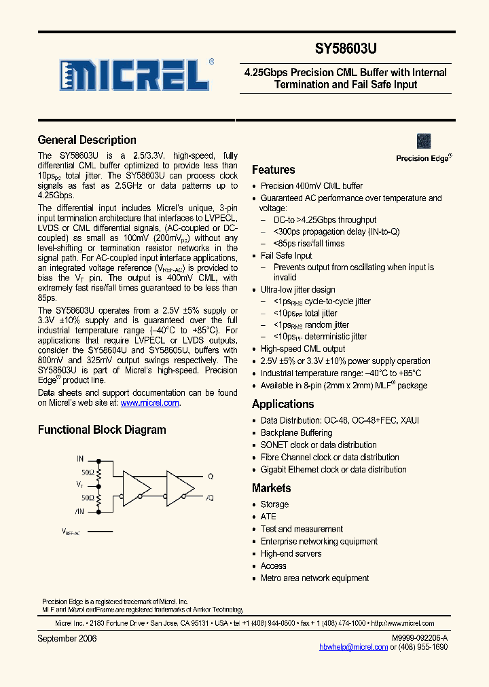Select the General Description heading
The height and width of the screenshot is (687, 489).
(87, 140)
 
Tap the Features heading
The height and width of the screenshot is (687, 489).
(273, 170)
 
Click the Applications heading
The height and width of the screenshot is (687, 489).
(283, 404)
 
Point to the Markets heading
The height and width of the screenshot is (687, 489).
(271, 488)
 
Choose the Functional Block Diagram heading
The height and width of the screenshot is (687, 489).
(101, 430)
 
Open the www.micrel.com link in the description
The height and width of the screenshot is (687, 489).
(150, 403)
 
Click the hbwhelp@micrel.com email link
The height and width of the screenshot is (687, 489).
(354, 648)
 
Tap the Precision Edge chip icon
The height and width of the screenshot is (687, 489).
(424, 141)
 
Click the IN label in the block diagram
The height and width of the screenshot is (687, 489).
(80, 460)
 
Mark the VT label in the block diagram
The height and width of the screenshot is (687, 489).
(79, 485)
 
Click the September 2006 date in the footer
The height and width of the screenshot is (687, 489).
(67, 639)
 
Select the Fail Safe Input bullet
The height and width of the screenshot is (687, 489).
(286, 255)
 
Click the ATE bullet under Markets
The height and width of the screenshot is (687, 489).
(268, 517)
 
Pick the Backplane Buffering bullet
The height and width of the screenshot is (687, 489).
(296, 432)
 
